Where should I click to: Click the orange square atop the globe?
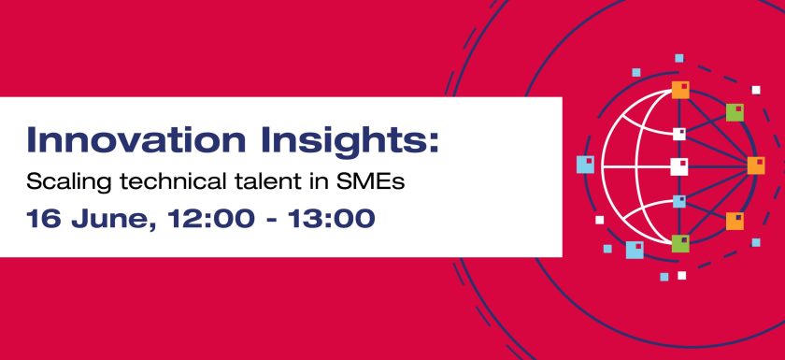(x=679, y=91)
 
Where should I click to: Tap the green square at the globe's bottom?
(x=679, y=243)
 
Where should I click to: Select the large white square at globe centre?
(x=679, y=166)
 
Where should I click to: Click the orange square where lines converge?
(x=755, y=166)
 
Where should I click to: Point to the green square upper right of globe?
(x=735, y=112)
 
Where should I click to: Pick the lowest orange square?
(x=735, y=221)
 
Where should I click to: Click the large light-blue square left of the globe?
(x=585, y=166)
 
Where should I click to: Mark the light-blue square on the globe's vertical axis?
(x=679, y=201)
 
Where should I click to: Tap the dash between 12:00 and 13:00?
(x=267, y=221)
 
